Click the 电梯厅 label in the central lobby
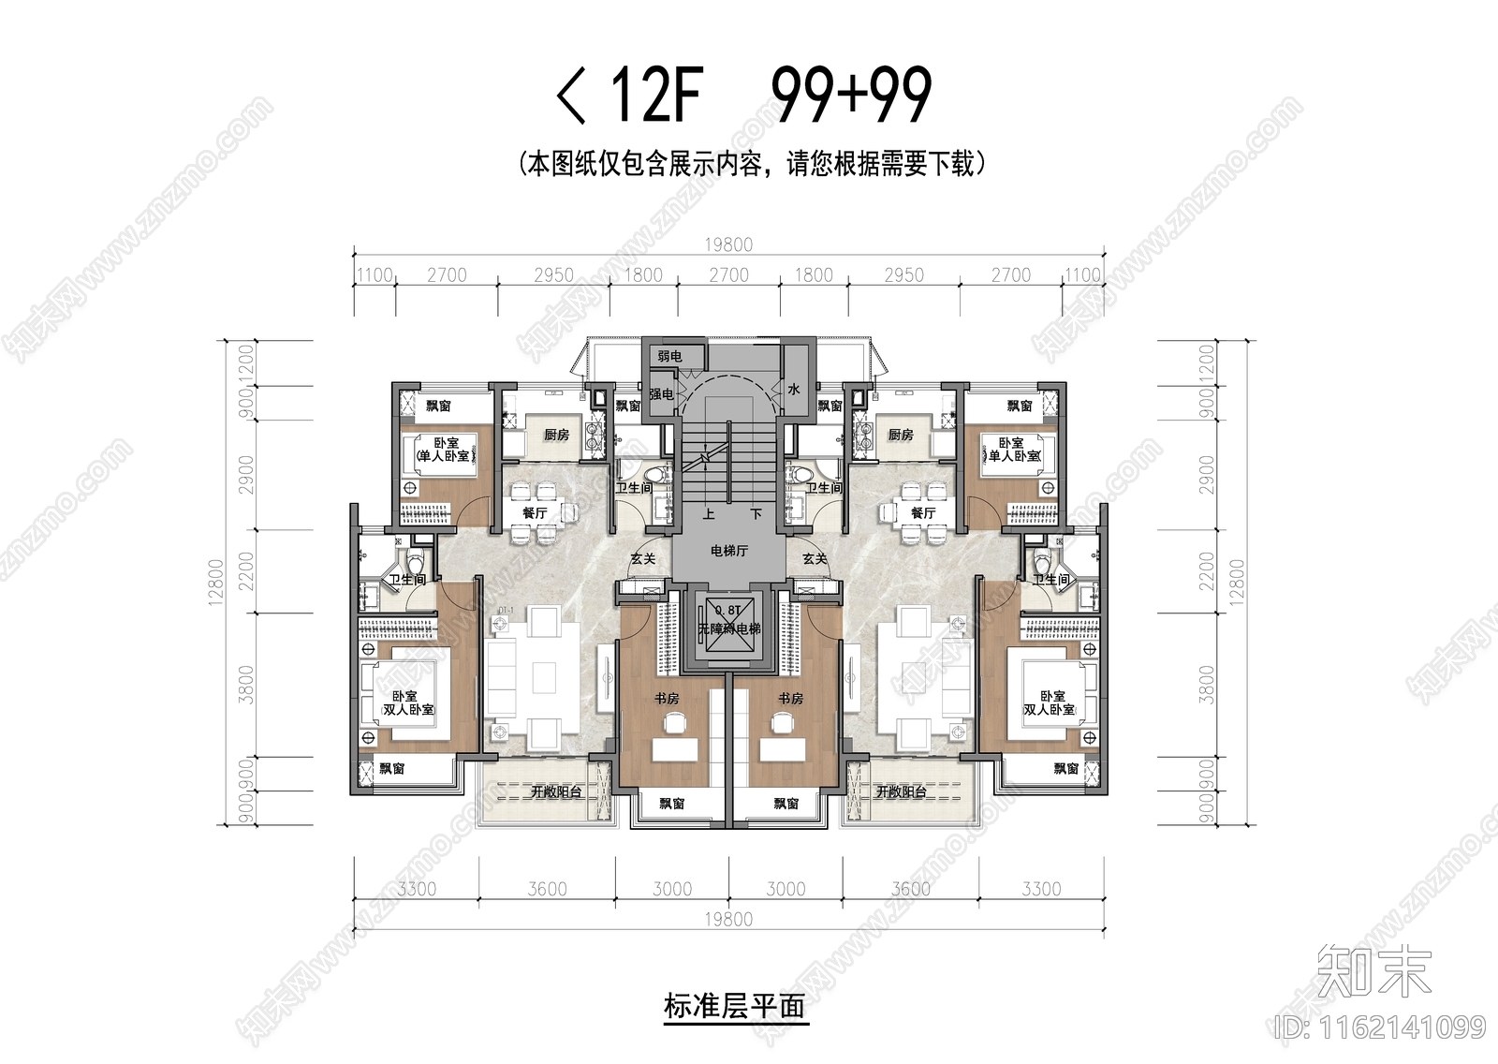729,552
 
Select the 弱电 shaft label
668,357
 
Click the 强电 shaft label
661,394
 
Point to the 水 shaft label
793,390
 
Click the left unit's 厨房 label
556,435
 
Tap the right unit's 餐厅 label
923,513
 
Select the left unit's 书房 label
666,698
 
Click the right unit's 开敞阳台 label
901,791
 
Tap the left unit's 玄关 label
642,558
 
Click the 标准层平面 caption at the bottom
734,1007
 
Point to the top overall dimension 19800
728,245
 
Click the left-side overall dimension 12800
217,583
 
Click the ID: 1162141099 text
1380,1027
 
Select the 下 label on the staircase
756,513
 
